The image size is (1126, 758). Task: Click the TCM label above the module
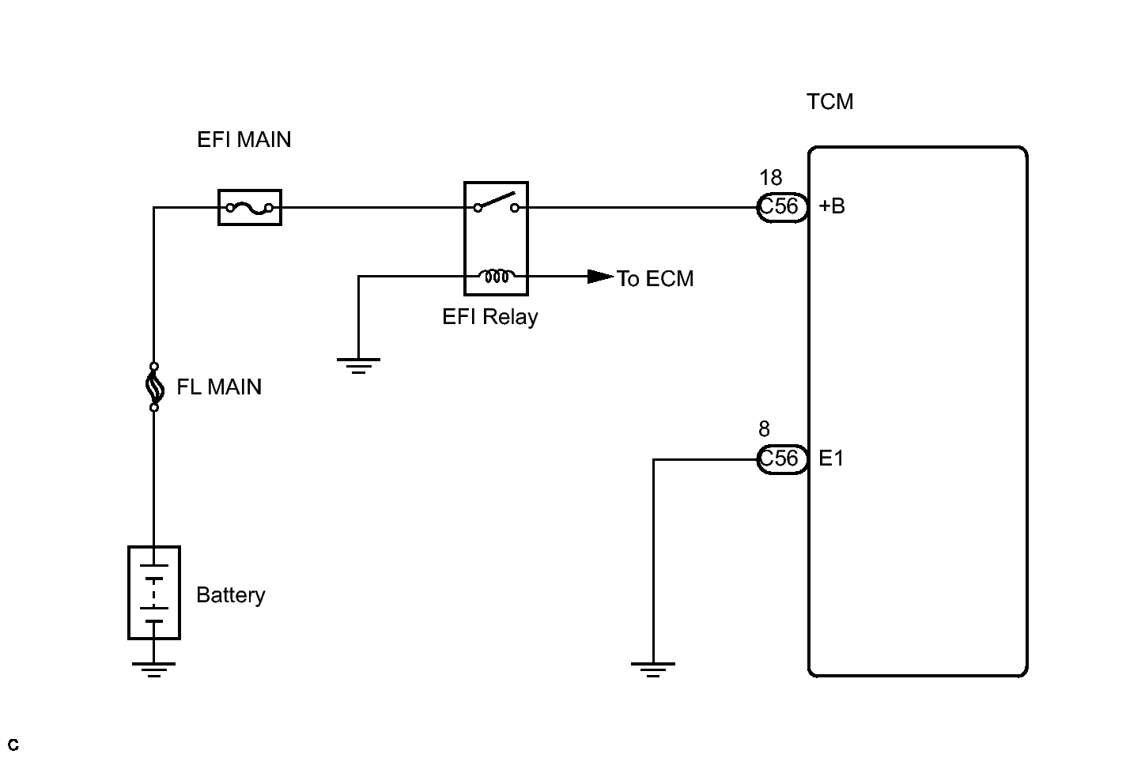pos(830,102)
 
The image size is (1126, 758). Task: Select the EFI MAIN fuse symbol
pos(250,207)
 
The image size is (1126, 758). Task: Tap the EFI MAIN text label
pos(244,140)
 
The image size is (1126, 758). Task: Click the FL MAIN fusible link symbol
pos(154,387)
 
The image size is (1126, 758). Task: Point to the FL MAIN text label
pos(219,387)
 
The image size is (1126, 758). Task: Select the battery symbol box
pos(154,593)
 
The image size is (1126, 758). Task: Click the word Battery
pos(231,595)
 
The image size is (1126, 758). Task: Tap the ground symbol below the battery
pos(154,670)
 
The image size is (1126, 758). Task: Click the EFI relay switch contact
pos(496,202)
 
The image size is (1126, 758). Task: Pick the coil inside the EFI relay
pos(497,276)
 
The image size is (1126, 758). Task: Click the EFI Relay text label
pos(490,318)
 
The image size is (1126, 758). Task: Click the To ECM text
pos(656,279)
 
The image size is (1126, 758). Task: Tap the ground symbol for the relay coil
pos(358,366)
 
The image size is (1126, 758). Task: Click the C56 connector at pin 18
pos(782,207)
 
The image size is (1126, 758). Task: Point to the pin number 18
pos(771,178)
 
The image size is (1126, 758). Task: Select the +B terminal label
pos(832,206)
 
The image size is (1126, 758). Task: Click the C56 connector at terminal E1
pos(782,459)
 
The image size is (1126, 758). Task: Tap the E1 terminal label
pos(831,458)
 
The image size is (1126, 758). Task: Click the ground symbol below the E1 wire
pos(653,670)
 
